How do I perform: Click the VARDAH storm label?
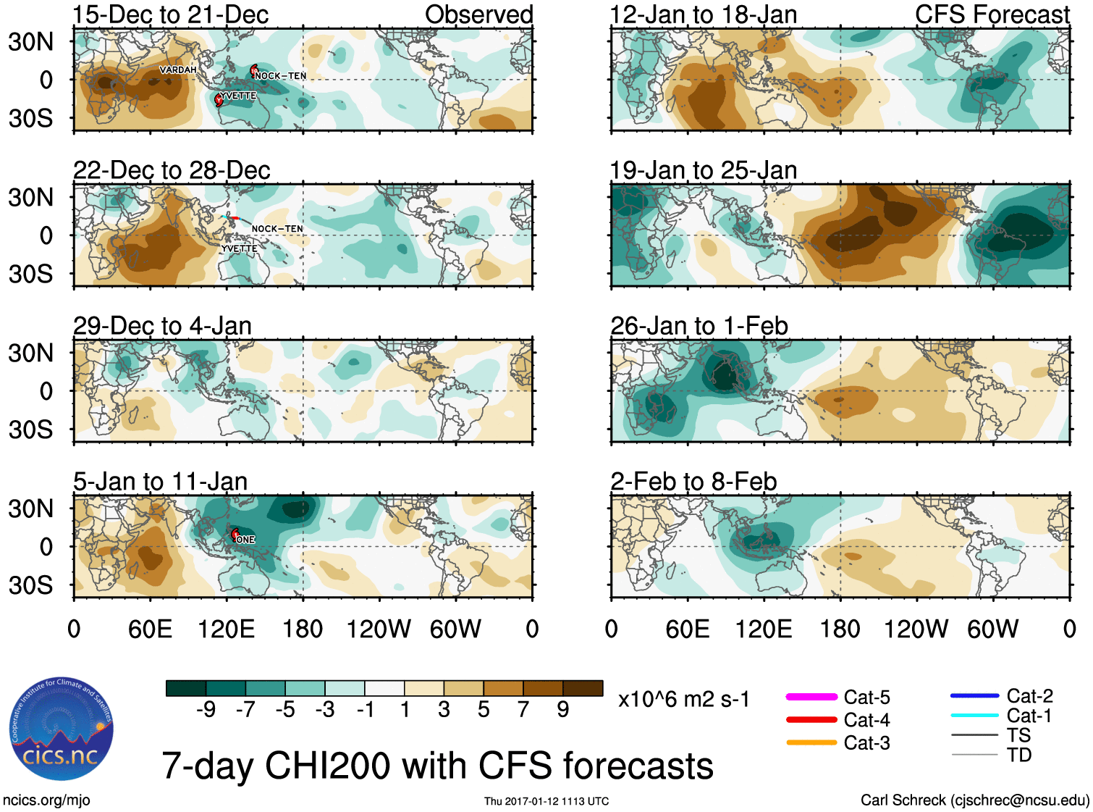(178, 70)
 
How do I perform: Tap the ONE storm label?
(246, 540)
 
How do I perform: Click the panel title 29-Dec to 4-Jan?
(162, 326)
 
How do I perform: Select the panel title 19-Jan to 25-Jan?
(703, 170)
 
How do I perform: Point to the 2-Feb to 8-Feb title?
(693, 482)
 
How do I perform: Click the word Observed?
(478, 14)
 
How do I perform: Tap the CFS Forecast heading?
(992, 14)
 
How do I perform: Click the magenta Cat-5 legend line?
(811, 697)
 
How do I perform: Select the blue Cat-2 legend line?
(974, 695)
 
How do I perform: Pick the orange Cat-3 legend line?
(811, 742)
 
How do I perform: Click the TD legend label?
(1019, 755)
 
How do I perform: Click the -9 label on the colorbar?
(206, 709)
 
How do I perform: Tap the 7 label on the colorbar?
(523, 709)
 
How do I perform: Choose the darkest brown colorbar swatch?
(583, 688)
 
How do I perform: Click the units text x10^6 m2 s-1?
(683, 700)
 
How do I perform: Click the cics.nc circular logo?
(62, 729)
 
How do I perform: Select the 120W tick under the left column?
(379, 629)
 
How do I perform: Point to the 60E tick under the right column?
(687, 629)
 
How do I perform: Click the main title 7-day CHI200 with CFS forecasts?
(437, 766)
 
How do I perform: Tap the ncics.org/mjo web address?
(46, 800)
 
